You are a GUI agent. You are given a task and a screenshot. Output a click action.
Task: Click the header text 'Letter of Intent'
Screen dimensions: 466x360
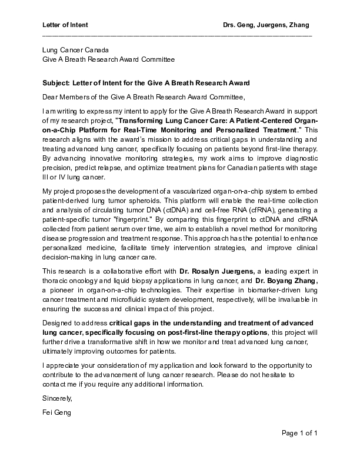pyautogui.click(x=65, y=25)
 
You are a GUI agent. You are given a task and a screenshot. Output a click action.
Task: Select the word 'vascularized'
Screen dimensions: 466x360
pyautogui.click(x=174, y=192)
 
